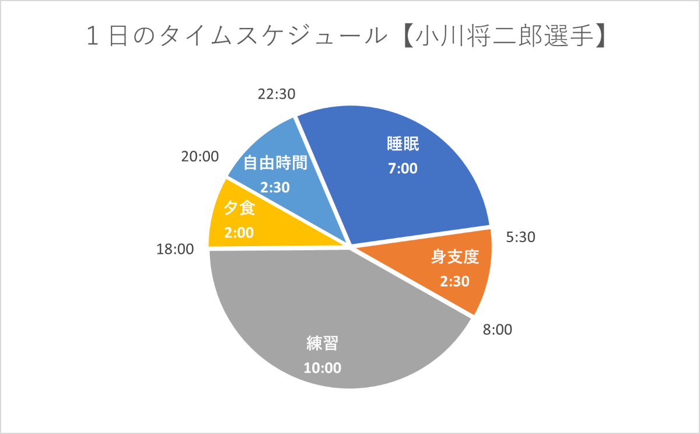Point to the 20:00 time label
(199, 156)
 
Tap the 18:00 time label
(174, 250)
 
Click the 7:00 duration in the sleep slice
(403, 169)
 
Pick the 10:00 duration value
(323, 368)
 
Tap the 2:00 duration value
(239, 232)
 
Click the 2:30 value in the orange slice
(454, 281)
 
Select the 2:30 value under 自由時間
(275, 187)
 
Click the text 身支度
(455, 257)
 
